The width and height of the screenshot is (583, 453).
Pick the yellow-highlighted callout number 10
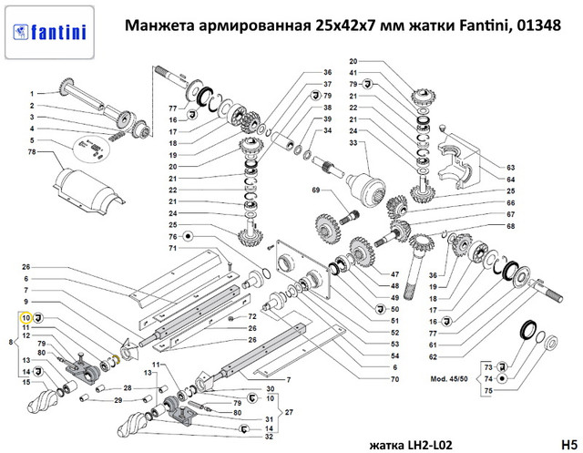(26, 318)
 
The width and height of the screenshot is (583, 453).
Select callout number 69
(315, 190)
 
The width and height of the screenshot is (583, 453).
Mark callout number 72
(253, 315)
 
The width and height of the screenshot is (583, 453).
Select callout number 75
(489, 390)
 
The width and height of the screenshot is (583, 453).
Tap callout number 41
(353, 72)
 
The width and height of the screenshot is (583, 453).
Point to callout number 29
(118, 400)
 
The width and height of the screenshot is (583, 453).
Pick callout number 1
(31, 94)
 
